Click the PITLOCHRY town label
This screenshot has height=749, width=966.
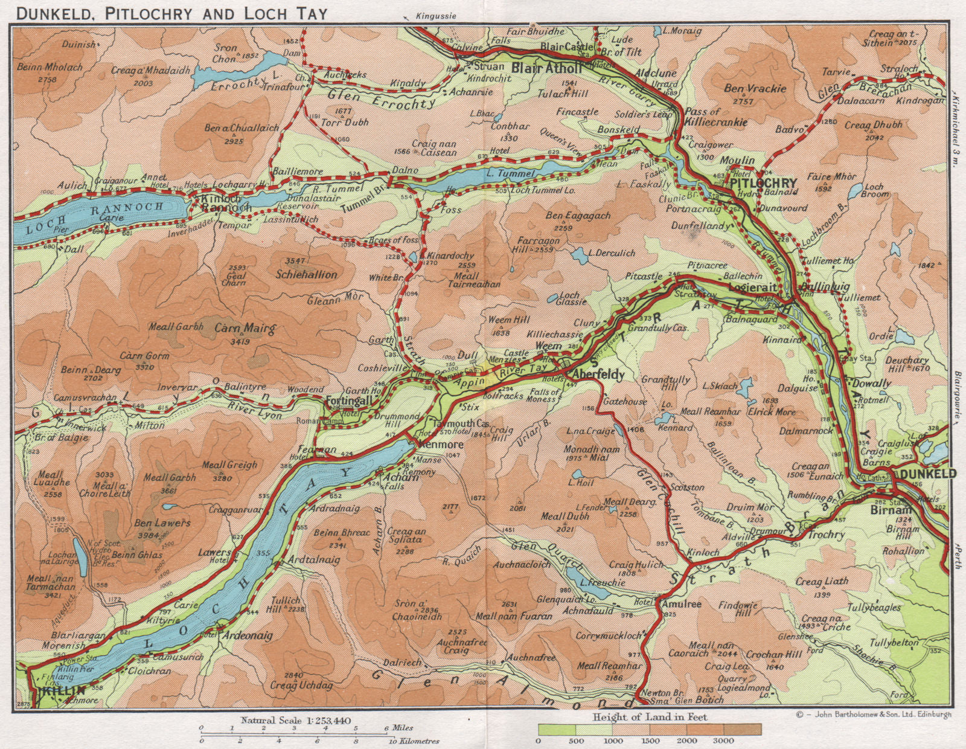coord(764,183)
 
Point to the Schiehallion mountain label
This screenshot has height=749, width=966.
coord(305,274)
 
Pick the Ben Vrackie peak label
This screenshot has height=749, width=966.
coord(755,89)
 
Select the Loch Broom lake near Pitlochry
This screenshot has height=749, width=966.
coord(854,192)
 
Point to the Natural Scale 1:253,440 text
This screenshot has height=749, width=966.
coord(296,720)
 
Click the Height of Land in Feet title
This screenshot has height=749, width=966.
coord(650,717)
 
